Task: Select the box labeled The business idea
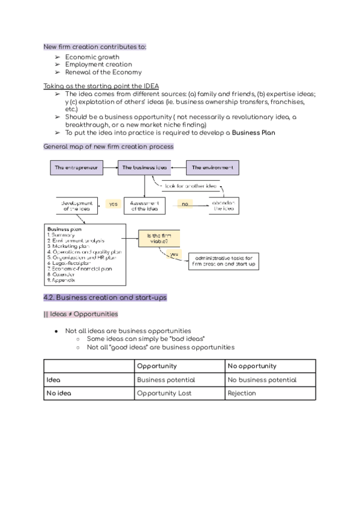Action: click(x=144, y=168)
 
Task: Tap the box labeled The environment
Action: click(x=212, y=168)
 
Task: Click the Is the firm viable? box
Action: click(x=160, y=239)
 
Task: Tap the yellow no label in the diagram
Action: click(x=185, y=204)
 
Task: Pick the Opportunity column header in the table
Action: click(x=157, y=366)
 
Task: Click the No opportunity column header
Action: click(x=252, y=366)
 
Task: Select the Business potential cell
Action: click(x=166, y=379)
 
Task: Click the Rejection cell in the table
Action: click(x=242, y=393)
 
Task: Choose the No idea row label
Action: click(x=57, y=393)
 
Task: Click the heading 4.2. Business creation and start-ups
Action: click(x=105, y=298)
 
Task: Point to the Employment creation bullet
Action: click(x=98, y=64)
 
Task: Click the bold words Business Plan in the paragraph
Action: click(x=254, y=133)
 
